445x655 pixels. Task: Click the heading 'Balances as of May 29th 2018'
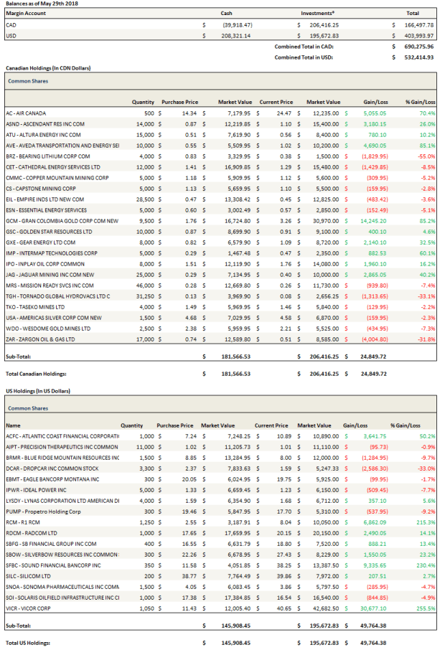[x=42, y=4]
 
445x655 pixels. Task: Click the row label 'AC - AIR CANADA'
[x=26, y=113]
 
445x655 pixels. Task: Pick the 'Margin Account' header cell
[x=26, y=13]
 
